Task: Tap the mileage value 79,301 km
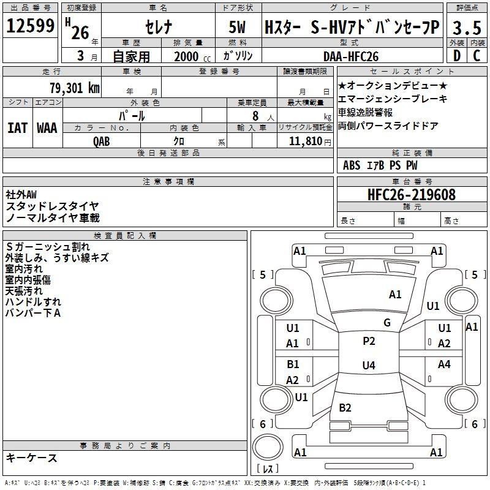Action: [x=74, y=88]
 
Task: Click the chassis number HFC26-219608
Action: [x=411, y=195]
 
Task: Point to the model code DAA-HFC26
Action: [x=351, y=56]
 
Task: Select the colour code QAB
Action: [x=102, y=141]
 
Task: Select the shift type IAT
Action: [x=17, y=128]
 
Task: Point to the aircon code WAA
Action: [x=47, y=128]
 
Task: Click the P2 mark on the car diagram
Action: [x=369, y=341]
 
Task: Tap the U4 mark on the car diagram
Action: [x=368, y=366]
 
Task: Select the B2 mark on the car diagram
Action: [x=345, y=408]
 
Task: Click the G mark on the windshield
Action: [x=386, y=323]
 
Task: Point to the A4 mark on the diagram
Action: [x=444, y=364]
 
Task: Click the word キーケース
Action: [x=32, y=458]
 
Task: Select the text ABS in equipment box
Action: [x=352, y=165]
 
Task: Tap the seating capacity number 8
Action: [x=255, y=115]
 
